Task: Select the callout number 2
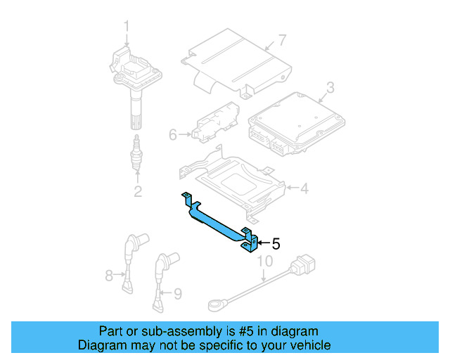point(138,191)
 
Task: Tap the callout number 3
point(330,88)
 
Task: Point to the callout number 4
point(304,188)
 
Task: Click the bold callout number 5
point(276,244)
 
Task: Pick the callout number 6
point(173,134)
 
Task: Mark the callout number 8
point(109,276)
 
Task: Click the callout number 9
point(177,293)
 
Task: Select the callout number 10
point(264,262)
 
